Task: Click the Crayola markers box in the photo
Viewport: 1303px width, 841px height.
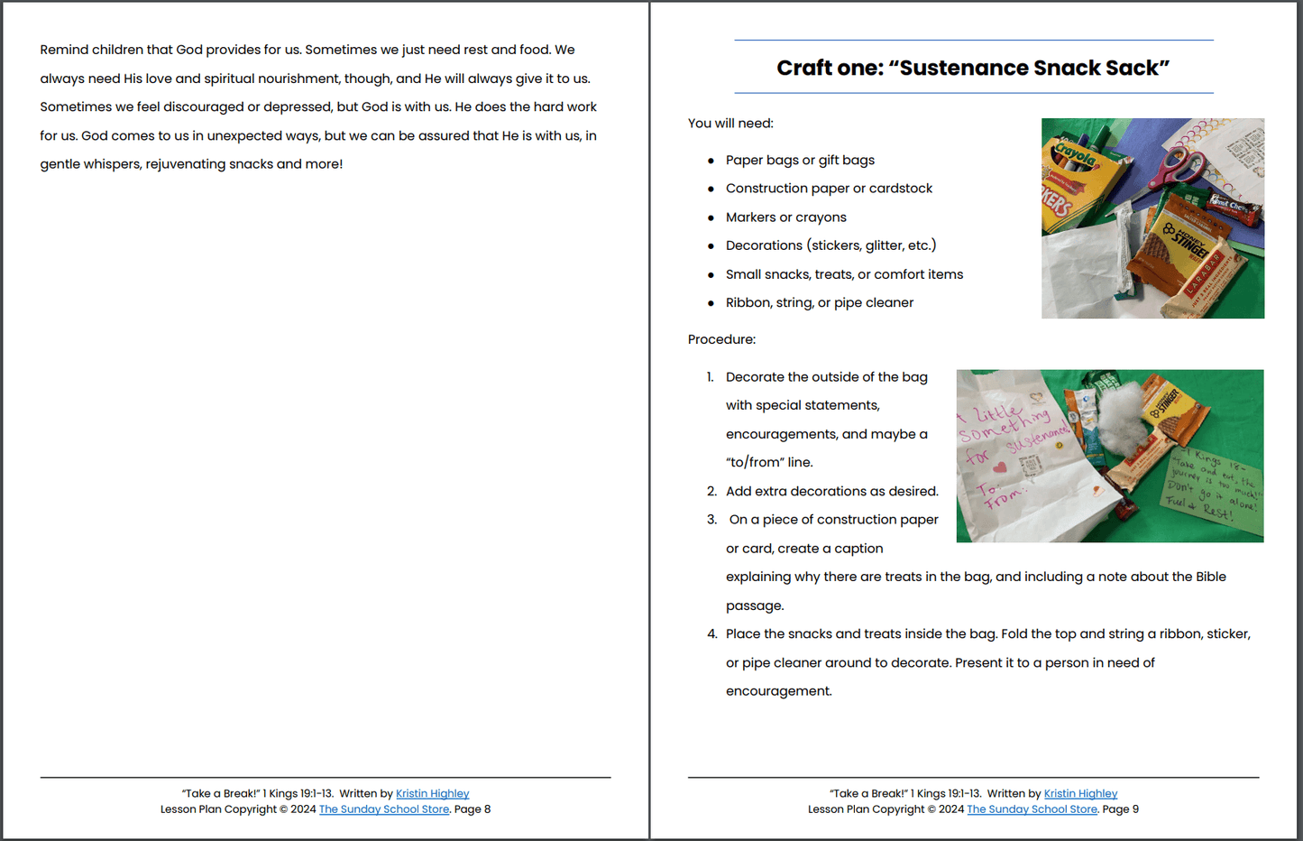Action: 1078,180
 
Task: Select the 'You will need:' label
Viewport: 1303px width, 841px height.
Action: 730,124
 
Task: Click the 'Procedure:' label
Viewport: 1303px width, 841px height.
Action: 721,340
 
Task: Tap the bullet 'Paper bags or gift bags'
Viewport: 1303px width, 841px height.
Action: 800,161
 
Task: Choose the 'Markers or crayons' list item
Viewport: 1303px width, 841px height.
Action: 785,217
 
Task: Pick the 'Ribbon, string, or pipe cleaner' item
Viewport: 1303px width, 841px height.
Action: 819,303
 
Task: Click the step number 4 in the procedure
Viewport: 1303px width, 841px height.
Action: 711,634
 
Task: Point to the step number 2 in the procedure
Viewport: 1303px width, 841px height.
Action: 711,492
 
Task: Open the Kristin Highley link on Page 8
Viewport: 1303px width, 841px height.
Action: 432,794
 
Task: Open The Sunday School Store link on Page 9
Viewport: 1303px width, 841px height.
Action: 1032,809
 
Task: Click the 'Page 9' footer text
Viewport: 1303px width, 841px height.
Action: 1120,809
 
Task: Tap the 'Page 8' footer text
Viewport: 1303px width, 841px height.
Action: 473,809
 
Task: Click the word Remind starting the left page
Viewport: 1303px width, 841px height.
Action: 64,51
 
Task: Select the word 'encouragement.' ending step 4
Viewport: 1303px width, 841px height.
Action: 779,691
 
